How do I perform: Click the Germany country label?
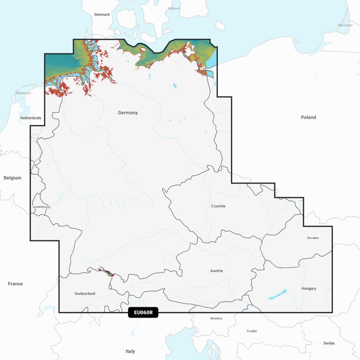coord(128,113)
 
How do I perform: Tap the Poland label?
coord(308,117)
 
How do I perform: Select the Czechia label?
coord(218,206)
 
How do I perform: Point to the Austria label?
coord(216,271)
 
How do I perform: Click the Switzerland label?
coord(85,294)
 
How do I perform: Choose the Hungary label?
coord(309,289)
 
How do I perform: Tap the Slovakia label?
coord(313,238)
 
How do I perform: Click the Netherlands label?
coord(31,118)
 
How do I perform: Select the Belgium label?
coord(13,178)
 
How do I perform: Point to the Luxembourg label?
coord(41,207)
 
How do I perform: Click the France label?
coord(15,284)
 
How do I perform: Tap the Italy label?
coord(130,351)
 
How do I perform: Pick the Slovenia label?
coord(216,318)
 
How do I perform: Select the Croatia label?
coord(252,331)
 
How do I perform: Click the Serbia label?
coord(329,343)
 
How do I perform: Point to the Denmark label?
coord(102,15)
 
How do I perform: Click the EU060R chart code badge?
coord(143,312)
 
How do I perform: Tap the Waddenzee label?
coord(23,93)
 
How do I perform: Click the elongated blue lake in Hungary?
coord(278,294)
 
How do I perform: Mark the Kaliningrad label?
coord(345,25)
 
